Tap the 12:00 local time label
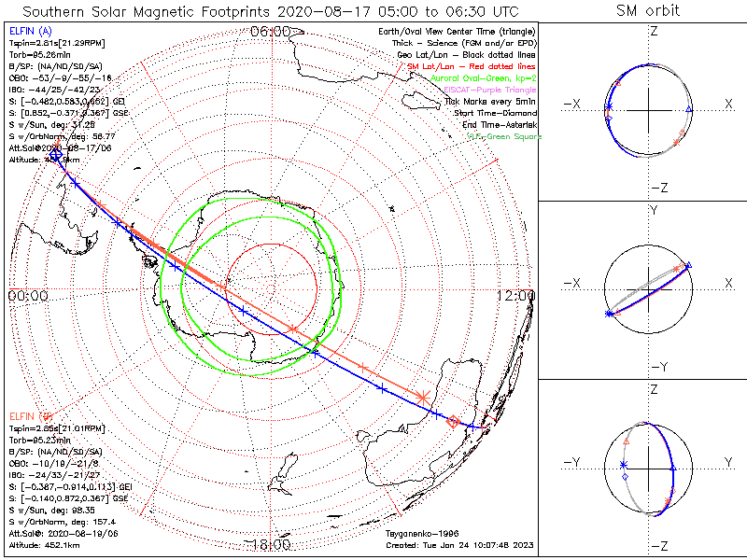pos(516,295)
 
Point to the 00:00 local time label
pos(27,295)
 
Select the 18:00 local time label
pos(271,545)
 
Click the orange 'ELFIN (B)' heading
pos(29,415)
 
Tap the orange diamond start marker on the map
pos(454,422)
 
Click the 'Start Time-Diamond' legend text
pos(493,112)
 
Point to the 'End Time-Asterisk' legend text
pos(496,123)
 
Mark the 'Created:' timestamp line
pos(458,542)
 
